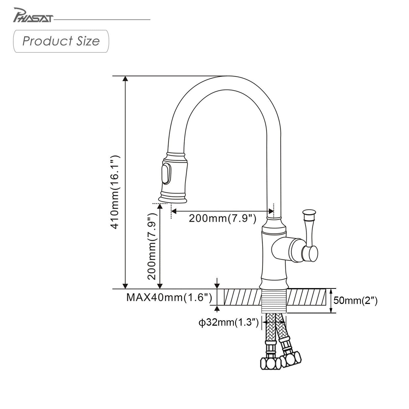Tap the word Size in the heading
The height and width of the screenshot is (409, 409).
click(88, 41)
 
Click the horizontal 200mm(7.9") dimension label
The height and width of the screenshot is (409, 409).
click(222, 218)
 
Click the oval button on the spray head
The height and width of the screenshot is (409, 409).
click(166, 174)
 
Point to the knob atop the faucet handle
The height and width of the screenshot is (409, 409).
click(309, 212)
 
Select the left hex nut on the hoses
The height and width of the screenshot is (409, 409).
click(270, 363)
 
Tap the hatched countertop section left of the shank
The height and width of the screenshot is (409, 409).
click(243, 297)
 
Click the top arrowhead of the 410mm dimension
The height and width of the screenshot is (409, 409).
click(125, 78)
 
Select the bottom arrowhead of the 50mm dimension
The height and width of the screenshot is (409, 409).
click(331, 311)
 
